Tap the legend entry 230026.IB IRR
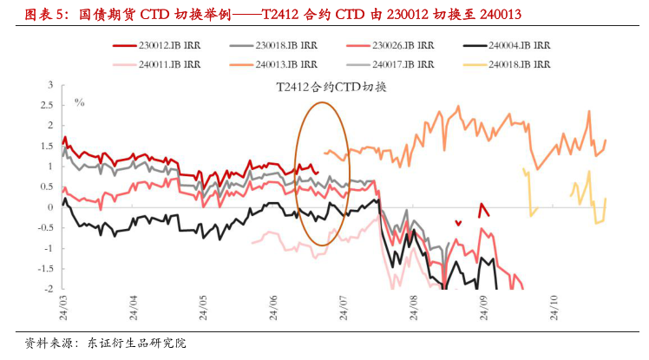(x=400, y=44)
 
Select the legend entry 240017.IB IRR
(x=400, y=63)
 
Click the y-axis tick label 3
(x=49, y=84)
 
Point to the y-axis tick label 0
(x=49, y=207)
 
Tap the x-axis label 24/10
(x=555, y=305)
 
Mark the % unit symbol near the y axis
(x=80, y=102)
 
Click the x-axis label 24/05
(x=204, y=305)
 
